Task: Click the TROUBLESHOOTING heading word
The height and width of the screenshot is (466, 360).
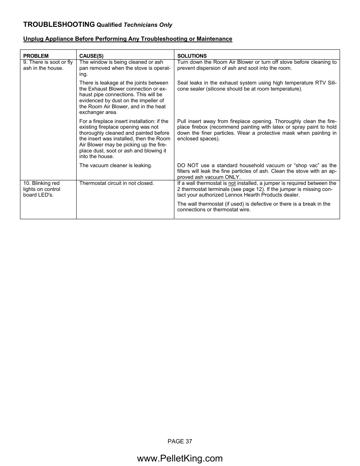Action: [x=59, y=25]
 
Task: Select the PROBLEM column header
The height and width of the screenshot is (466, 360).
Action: [x=36, y=56]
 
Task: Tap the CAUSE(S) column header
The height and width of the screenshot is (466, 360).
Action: [x=91, y=56]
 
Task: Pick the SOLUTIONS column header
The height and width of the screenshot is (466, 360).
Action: [x=192, y=56]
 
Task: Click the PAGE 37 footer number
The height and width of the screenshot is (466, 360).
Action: [x=180, y=441]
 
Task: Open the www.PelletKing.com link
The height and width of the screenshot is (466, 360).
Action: [x=180, y=458]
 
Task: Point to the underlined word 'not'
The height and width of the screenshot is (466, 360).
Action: [x=232, y=183]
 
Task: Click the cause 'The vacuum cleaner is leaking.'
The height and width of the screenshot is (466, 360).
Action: [x=115, y=165]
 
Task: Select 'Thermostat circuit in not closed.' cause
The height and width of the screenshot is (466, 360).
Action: [x=116, y=183]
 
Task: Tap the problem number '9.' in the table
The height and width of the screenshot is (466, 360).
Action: [x=25, y=62]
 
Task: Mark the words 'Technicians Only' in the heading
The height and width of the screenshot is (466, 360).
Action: [x=148, y=25]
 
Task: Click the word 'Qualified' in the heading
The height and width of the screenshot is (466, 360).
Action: [x=109, y=25]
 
